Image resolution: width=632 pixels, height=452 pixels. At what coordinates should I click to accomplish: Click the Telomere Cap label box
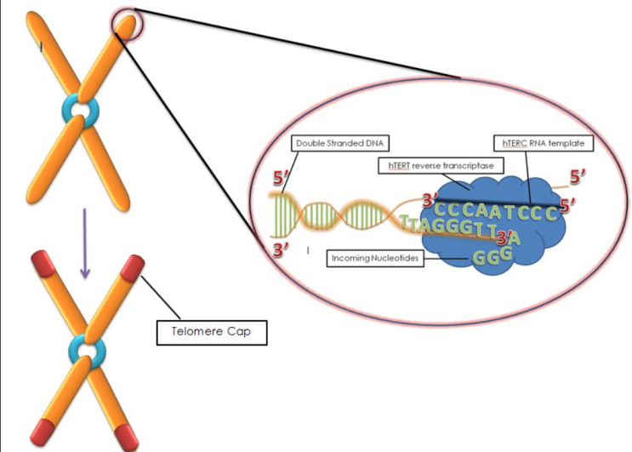(x=212, y=331)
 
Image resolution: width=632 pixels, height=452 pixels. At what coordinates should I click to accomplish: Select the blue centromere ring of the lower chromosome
(x=84, y=350)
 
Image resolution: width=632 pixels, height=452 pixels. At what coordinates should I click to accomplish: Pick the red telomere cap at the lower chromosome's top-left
(x=43, y=264)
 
